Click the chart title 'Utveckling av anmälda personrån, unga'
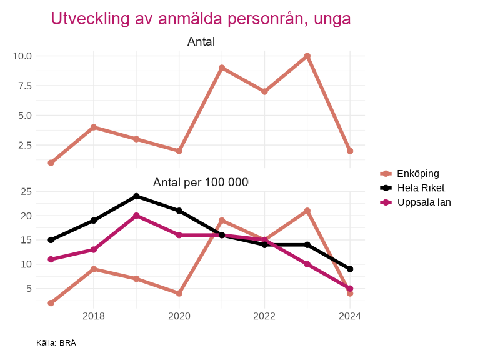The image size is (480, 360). [x=201, y=19]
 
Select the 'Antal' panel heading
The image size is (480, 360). [x=201, y=42]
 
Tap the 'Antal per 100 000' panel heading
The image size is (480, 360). [x=201, y=182]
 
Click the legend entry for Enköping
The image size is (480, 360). [x=418, y=173]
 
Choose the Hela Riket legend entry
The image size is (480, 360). [x=421, y=187]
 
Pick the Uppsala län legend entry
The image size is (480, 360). [x=424, y=202]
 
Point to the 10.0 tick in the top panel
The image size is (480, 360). [x=22, y=56]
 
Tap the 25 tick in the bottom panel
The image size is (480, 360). [x=26, y=192]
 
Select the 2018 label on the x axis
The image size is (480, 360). [x=94, y=316]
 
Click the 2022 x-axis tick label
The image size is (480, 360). [x=264, y=316]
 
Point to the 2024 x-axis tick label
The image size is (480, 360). [x=350, y=316]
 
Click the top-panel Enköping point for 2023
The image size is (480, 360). [x=307, y=56]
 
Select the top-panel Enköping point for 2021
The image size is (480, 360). [x=222, y=68]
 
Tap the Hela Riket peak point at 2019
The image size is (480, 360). [x=136, y=196]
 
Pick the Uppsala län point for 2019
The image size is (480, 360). [x=136, y=216]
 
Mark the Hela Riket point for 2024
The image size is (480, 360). [x=350, y=269]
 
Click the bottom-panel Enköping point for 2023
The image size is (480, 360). [x=307, y=211]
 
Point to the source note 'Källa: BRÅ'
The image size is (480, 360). [x=56, y=343]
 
